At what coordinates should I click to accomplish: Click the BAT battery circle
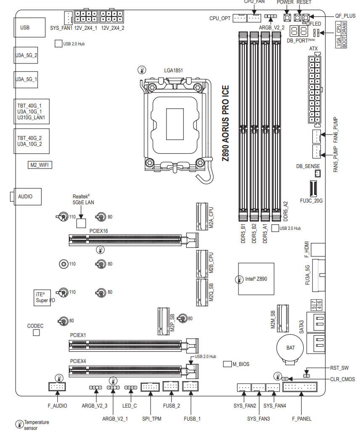coord(288,348)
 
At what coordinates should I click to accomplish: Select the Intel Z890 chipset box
coord(253,278)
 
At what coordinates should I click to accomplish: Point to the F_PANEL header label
coord(302,419)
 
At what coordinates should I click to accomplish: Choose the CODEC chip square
coord(36,333)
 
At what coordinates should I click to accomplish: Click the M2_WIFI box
coord(40,165)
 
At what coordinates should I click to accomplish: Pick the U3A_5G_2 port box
coord(26,55)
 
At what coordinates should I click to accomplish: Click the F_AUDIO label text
coord(58,406)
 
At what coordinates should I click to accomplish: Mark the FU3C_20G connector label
coord(311,201)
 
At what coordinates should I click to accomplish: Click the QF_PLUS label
coord(345,16)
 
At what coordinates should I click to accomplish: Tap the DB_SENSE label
coord(308,166)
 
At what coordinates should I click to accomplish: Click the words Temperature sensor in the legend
coord(36,425)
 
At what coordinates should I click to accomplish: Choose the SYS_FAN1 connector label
coord(61,28)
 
